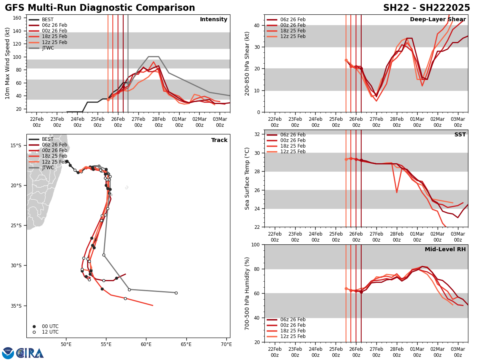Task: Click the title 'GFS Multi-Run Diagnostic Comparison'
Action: pyautogui.click(x=100, y=8)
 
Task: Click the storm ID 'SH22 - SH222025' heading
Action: pyautogui.click(x=426, y=8)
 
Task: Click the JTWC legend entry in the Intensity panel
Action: pyautogui.click(x=48, y=48)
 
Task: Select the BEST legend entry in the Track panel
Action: pyautogui.click(x=48, y=139)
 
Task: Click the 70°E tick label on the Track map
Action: pyautogui.click(x=226, y=344)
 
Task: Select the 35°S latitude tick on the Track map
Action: pyautogui.click(x=17, y=306)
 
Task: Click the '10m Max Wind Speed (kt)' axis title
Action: pyautogui.click(x=8, y=63)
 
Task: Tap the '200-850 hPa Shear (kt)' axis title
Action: pyautogui.click(x=247, y=63)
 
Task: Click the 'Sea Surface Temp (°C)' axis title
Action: pyautogui.click(x=247, y=178)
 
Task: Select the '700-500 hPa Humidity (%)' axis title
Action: pyautogui.click(x=247, y=293)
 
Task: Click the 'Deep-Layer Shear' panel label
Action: pyautogui.click(x=438, y=20)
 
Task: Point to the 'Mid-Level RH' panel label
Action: pyautogui.click(x=445, y=250)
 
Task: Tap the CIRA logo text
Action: pyautogui.click(x=30, y=353)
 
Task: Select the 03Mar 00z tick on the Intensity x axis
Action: pyautogui.click(x=220, y=122)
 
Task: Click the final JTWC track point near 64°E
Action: pyautogui.click(x=176, y=293)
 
